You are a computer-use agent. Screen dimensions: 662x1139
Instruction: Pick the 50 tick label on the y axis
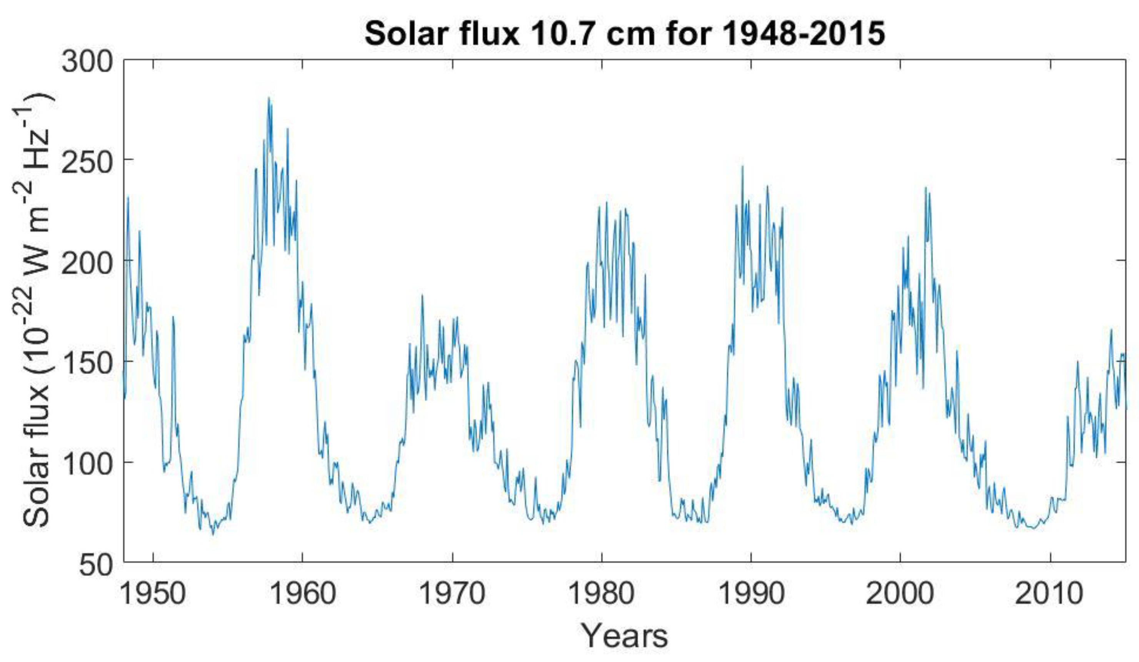[x=96, y=566]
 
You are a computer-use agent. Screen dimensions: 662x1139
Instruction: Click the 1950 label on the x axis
[x=153, y=593]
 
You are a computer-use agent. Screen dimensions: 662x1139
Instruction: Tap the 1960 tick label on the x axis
[x=302, y=593]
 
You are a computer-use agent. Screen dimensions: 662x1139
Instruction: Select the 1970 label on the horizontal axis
[x=452, y=593]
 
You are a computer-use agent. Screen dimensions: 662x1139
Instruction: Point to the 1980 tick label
[x=601, y=593]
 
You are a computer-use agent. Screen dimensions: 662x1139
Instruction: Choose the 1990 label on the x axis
[x=751, y=593]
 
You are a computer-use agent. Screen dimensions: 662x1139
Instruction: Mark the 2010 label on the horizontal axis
[x=1049, y=593]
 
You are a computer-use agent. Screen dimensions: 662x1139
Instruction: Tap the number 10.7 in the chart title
[x=560, y=34]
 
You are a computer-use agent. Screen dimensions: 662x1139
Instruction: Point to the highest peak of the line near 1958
[x=268, y=98]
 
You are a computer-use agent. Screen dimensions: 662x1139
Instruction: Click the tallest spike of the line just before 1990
[x=742, y=167]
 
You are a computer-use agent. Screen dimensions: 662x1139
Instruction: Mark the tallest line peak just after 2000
[x=926, y=188]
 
